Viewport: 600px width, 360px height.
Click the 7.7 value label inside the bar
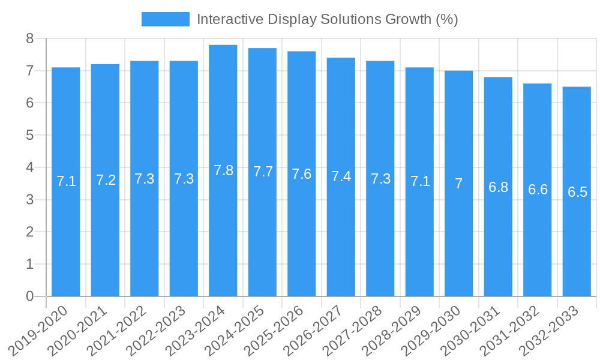pyautogui.click(x=263, y=172)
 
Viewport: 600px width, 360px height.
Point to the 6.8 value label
pyautogui.click(x=498, y=187)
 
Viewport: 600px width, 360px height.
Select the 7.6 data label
pyautogui.click(x=302, y=174)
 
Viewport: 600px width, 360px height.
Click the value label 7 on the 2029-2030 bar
pyautogui.click(x=458, y=184)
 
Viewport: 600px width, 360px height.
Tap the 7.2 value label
pyautogui.click(x=106, y=180)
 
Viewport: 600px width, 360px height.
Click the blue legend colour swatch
pyautogui.click(x=165, y=19)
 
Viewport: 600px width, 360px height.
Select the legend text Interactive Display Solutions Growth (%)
pyautogui.click(x=327, y=19)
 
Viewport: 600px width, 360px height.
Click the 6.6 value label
pyautogui.click(x=538, y=190)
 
